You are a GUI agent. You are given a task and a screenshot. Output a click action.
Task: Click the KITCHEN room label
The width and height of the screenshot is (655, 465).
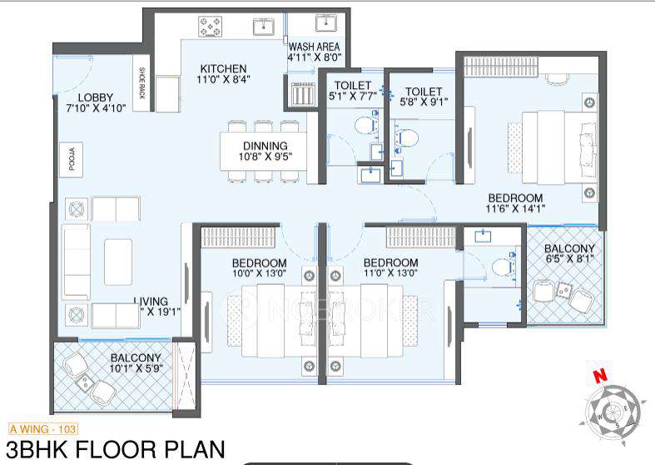point(222,68)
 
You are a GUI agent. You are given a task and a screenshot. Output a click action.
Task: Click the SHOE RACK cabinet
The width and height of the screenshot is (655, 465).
point(142,82)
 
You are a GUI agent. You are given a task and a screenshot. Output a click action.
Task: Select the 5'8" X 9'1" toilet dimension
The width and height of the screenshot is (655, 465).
point(424,103)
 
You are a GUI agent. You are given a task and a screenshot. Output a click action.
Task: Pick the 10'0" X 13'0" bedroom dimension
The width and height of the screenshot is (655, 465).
point(260,272)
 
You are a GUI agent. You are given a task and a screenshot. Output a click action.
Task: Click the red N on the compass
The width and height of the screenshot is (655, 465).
point(598,377)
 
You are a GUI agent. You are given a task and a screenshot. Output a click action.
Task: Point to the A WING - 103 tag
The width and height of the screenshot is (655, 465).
point(42,429)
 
